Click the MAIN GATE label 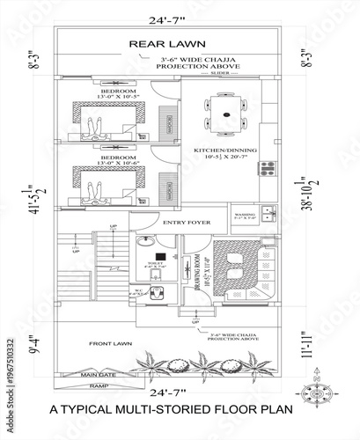pos(99,376)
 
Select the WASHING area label pos(245,214)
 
